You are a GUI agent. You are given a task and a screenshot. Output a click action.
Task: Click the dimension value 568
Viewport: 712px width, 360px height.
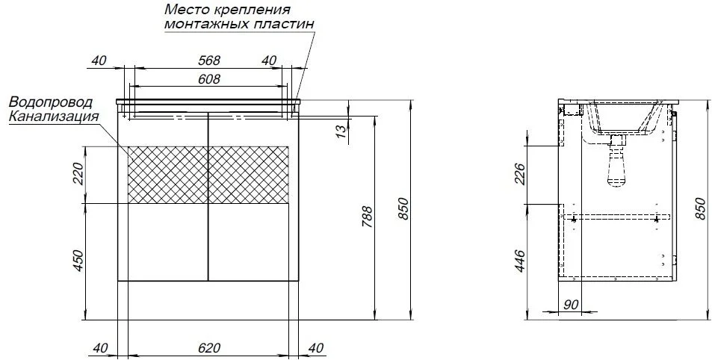208,60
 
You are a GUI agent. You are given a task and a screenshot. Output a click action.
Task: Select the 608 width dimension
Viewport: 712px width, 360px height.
208,78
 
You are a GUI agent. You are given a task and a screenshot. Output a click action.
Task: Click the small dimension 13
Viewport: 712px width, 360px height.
341,131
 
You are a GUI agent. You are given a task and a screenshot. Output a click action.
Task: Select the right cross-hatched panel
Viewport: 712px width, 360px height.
248,174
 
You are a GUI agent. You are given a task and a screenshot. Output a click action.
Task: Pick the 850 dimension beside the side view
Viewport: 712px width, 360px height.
699,208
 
